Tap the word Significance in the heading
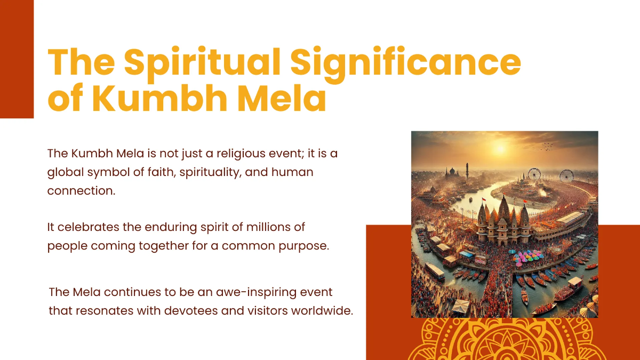405,63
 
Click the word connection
81,190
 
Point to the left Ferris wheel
534,174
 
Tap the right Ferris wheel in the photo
566,176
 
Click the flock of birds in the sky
548,146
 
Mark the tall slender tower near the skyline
467,172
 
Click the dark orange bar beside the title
17,59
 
